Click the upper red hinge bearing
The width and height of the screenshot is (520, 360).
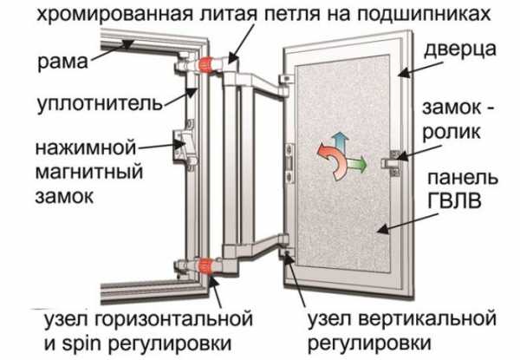[x=208, y=62]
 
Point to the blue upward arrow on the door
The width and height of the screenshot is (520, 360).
[x=341, y=141]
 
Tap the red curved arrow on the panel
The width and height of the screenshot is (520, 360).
[x=326, y=164]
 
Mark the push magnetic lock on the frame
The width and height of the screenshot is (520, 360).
[x=185, y=145]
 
